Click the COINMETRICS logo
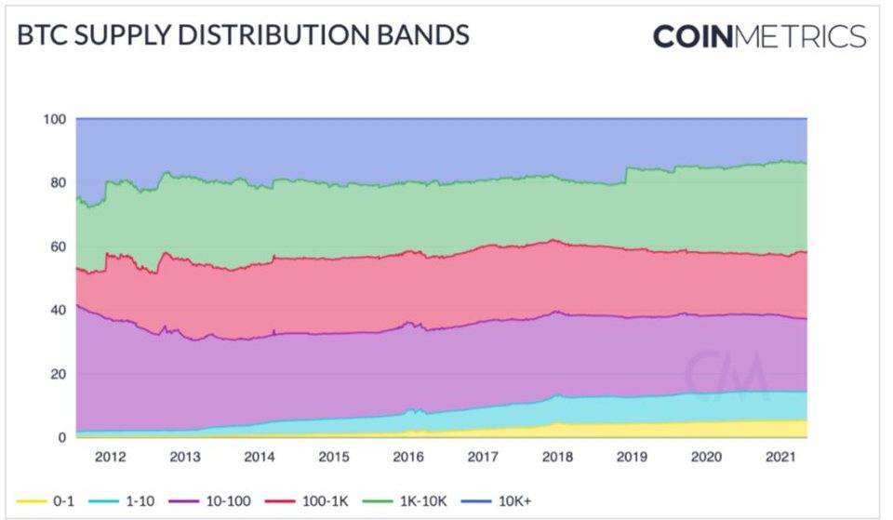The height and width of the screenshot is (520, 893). point(759,36)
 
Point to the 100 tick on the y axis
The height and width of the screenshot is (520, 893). point(55,119)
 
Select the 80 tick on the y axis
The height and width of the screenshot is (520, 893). point(58,182)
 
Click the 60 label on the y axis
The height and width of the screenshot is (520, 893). point(58,247)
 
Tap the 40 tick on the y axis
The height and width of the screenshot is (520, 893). point(58,310)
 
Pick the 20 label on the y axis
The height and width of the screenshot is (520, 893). point(58,373)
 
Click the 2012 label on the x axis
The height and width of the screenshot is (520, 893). point(112,457)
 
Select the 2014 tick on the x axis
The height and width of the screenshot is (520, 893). point(260,457)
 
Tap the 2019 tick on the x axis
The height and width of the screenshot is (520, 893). point(631,457)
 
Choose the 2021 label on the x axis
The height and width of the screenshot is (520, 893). point(780,457)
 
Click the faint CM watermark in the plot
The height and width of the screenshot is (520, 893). point(727,374)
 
